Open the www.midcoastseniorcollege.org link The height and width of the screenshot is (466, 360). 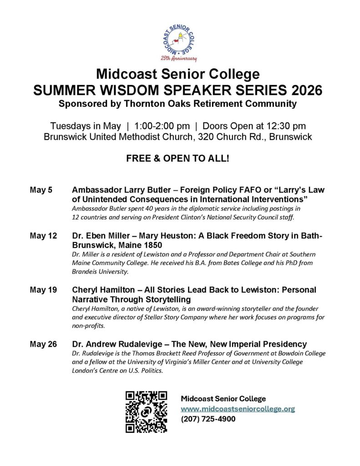(x=238, y=409)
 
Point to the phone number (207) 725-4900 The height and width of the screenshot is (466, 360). (x=208, y=419)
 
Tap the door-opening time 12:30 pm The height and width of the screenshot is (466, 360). (x=285, y=126)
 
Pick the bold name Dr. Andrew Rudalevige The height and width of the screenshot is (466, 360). (x=114, y=344)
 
